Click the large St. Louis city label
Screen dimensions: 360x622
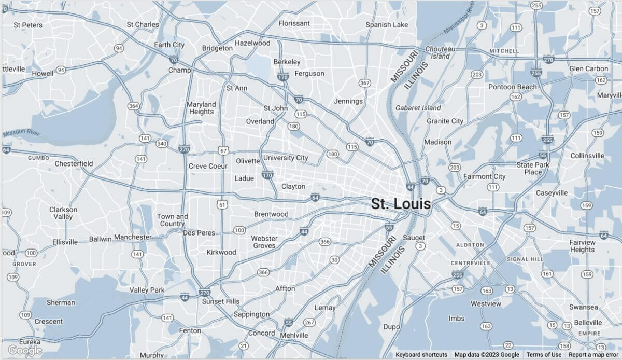[401, 204]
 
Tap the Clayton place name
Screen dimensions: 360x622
[293, 186]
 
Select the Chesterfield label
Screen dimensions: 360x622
[74, 164]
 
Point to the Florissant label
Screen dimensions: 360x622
[294, 23]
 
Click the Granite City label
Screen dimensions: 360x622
[445, 121]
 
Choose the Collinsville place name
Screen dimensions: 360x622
[587, 156]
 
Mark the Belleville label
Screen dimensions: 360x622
[587, 322]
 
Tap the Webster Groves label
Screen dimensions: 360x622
[264, 242]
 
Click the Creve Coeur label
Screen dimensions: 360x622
[208, 166]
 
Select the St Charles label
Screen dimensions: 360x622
[143, 24]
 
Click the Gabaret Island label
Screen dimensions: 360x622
[418, 108]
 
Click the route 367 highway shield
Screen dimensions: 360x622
[365, 83]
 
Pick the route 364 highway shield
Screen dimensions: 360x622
[133, 106]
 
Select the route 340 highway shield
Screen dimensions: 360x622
[162, 144]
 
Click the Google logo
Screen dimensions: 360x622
[24, 351]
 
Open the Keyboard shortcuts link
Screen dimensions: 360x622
[421, 355]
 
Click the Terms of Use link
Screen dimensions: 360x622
[544, 355]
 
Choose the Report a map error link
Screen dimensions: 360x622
[593, 355]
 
